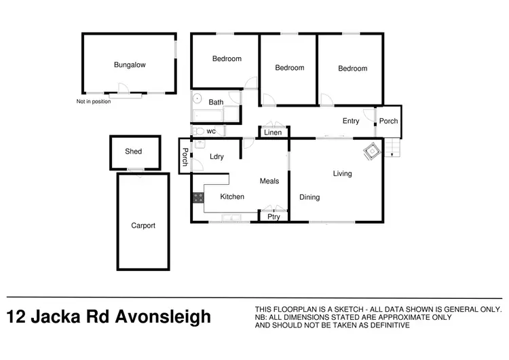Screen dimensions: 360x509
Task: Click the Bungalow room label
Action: (x=130, y=65)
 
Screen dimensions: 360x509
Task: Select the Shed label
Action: (x=134, y=151)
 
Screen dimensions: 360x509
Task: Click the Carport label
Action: (x=143, y=226)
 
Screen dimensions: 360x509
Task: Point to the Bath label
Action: (x=216, y=103)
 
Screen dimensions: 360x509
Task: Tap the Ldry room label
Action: (x=216, y=157)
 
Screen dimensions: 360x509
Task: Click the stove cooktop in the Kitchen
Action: (x=198, y=198)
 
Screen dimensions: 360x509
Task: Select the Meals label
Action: (x=269, y=181)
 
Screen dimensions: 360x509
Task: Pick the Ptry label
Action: (x=274, y=217)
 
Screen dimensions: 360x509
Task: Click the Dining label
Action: (x=309, y=198)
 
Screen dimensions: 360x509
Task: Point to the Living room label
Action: (x=342, y=174)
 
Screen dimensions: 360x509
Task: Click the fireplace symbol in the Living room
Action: (x=372, y=152)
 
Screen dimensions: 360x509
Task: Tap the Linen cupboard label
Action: (x=273, y=132)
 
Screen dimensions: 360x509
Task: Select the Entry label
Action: (x=351, y=122)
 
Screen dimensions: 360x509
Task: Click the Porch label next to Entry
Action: (x=389, y=122)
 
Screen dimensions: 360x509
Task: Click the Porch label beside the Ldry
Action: (x=184, y=157)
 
